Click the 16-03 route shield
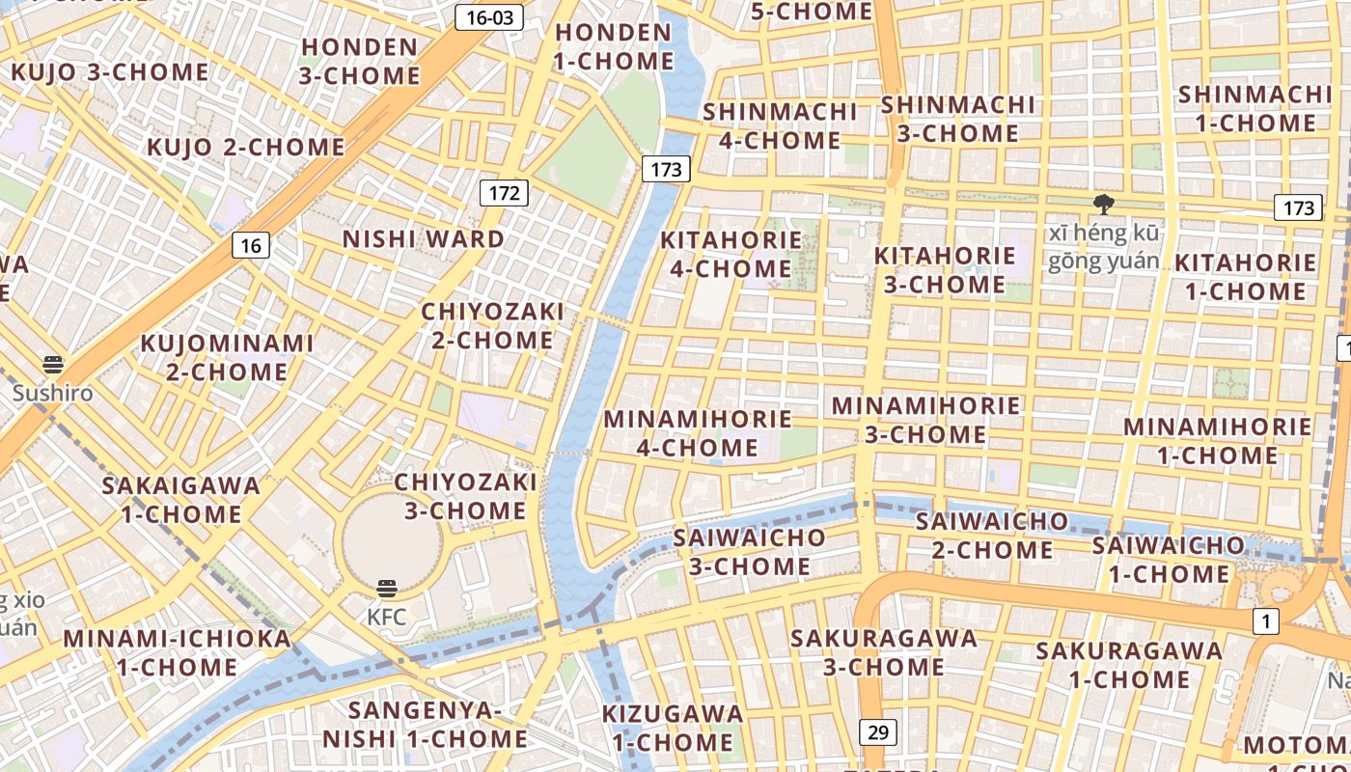[489, 17]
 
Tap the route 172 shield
[504, 193]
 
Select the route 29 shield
[877, 732]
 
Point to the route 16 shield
[251, 245]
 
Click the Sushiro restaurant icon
[53, 365]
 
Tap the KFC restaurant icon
[387, 589]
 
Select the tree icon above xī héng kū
[1103, 204]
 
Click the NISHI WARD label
[424, 239]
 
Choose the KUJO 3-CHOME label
[109, 72]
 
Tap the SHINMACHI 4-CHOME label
[780, 125]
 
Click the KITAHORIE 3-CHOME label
[945, 270]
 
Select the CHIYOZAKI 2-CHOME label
[492, 326]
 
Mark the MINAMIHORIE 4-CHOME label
[698, 433]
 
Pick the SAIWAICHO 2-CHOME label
[992, 536]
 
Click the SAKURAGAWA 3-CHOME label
[884, 652]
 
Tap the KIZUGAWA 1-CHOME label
[673, 728]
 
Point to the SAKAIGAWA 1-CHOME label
[181, 499]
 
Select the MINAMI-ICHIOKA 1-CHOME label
[178, 652]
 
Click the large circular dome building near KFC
[389, 536]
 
